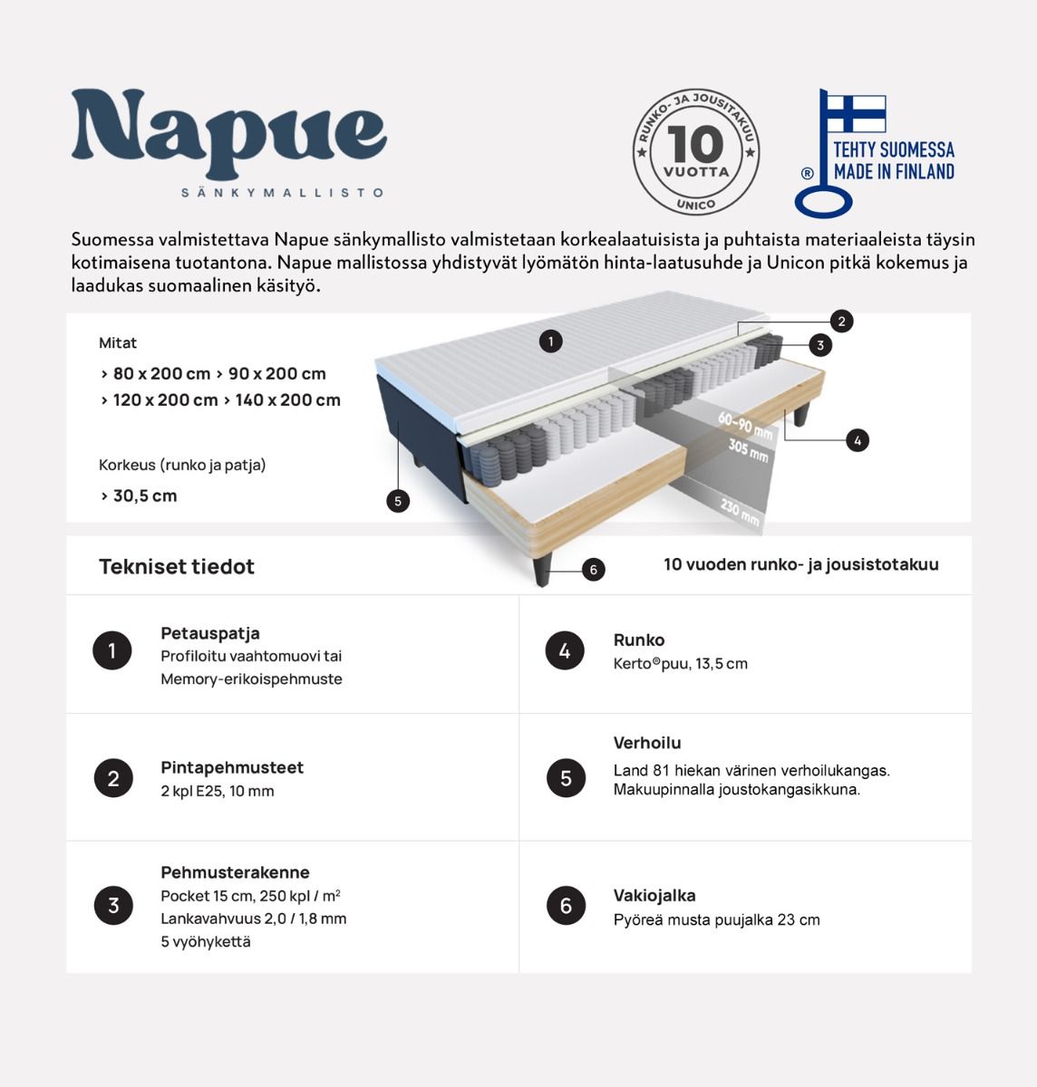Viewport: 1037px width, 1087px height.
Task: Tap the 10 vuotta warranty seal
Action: [x=695, y=152]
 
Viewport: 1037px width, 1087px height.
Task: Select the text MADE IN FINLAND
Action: [x=894, y=172]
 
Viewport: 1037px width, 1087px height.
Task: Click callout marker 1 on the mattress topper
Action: [x=550, y=341]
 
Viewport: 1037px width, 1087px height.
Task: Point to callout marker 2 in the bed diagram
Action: [x=841, y=321]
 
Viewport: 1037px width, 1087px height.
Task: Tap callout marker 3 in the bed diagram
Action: [x=820, y=345]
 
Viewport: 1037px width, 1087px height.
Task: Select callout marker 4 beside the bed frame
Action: [x=857, y=440]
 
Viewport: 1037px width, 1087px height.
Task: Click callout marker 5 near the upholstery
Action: [x=397, y=500]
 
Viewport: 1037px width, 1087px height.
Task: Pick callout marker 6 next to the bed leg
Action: [x=593, y=570]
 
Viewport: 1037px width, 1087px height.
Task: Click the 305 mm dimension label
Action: [x=748, y=449]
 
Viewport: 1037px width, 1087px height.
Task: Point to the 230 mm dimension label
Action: [x=740, y=512]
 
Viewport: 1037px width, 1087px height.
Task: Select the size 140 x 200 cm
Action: [x=287, y=399]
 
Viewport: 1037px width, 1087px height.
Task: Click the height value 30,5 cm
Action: [x=145, y=495]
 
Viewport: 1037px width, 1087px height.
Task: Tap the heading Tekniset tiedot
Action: [x=177, y=567]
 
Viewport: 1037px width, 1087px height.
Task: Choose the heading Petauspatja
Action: [x=210, y=633]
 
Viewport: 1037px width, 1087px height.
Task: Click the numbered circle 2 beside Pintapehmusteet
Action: [x=113, y=778]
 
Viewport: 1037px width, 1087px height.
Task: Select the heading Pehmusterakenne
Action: [x=235, y=872]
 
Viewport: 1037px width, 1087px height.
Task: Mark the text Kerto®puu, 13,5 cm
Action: [x=680, y=664]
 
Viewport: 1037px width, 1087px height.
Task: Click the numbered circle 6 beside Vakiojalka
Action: [x=566, y=906]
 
